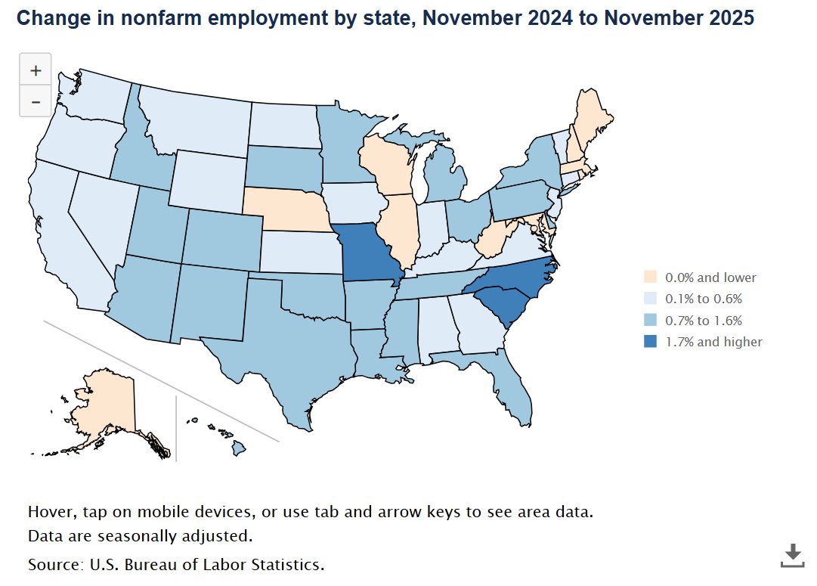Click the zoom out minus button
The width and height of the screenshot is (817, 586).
pyautogui.click(x=35, y=101)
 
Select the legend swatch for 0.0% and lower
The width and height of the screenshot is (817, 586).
pyautogui.click(x=649, y=277)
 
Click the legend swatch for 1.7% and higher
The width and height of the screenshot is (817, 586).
pyautogui.click(x=649, y=342)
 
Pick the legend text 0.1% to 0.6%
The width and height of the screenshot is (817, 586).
pyautogui.click(x=704, y=299)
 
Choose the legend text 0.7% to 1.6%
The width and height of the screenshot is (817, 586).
pyautogui.click(x=704, y=321)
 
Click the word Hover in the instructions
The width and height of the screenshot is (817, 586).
pyautogui.click(x=51, y=511)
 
